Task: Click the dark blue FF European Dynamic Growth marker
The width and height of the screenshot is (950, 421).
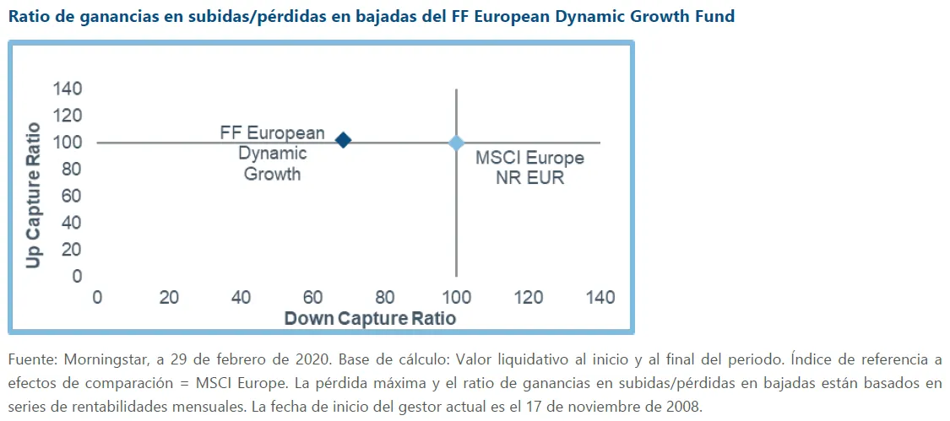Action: click(343, 140)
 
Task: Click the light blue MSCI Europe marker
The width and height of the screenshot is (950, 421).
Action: click(456, 143)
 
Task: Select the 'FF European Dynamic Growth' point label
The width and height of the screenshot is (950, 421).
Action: click(272, 154)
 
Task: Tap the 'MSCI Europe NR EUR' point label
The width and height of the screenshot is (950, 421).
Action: click(529, 168)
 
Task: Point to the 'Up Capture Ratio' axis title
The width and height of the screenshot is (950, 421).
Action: click(33, 196)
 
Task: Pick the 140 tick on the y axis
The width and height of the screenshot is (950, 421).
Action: click(67, 89)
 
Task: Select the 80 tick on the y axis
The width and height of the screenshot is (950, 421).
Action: click(71, 169)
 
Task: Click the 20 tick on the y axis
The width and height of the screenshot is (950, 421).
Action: click(71, 250)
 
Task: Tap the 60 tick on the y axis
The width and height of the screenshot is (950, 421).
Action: click(71, 196)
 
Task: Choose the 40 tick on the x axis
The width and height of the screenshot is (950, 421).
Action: click(241, 297)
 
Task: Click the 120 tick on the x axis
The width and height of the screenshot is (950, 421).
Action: click(529, 297)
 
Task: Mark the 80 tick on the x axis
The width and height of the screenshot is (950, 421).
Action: click(385, 297)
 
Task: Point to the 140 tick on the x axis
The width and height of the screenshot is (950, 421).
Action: click(600, 297)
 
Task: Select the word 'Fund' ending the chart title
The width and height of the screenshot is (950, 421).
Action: click(714, 16)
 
